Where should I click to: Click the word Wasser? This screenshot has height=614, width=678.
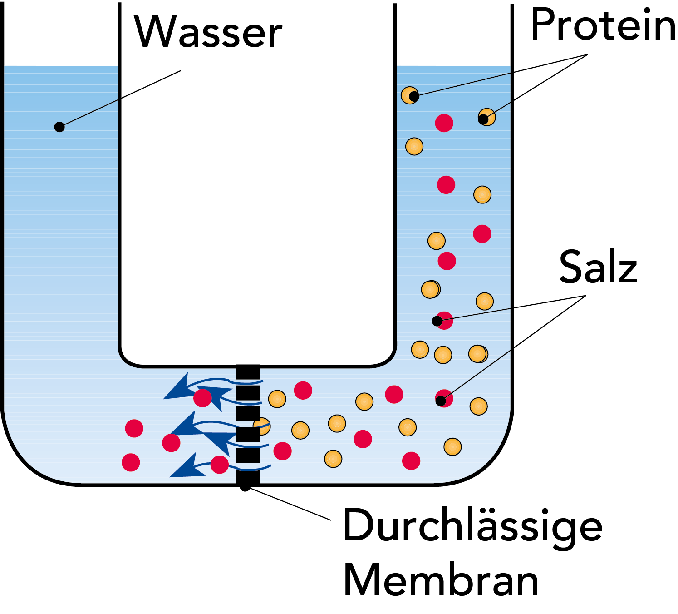(x=208, y=32)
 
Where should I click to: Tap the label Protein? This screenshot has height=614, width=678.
(x=603, y=25)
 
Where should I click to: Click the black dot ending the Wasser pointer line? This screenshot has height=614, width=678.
(x=59, y=127)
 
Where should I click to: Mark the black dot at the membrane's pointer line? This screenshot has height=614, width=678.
(x=245, y=487)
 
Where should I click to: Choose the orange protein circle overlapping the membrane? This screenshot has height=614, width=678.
(x=262, y=426)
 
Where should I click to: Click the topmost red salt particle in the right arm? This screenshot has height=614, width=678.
(x=444, y=123)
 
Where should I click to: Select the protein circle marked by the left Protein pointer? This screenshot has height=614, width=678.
(x=409, y=95)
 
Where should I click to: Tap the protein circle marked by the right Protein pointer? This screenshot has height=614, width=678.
(x=487, y=117)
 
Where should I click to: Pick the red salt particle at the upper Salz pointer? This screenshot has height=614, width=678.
(x=444, y=320)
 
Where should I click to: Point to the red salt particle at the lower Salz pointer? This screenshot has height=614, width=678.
(x=444, y=398)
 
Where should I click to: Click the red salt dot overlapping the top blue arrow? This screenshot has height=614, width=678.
(x=202, y=398)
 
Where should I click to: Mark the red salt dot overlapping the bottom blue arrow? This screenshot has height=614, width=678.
(x=220, y=465)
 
